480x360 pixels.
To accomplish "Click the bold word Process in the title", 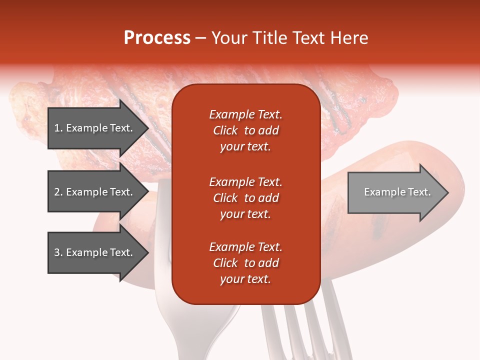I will point(157,38).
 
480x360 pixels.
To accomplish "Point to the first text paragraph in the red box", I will point(245,130).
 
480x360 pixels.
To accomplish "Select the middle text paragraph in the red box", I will point(245,198).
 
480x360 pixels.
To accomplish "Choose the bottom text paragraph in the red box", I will point(245,263).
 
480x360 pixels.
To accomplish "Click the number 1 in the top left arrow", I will point(57,128).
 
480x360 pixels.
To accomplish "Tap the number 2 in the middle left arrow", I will point(57,192).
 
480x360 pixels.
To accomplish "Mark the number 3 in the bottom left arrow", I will point(57,252).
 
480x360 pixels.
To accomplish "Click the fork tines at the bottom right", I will point(305,325).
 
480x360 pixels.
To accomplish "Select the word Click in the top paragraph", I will point(225,130).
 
